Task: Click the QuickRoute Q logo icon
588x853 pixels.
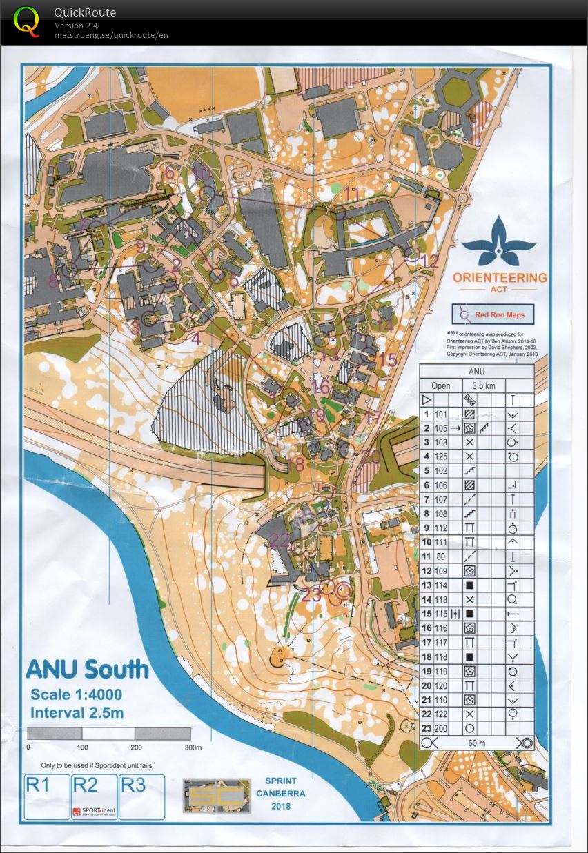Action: coord(26,20)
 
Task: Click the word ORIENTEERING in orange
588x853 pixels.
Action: coord(500,277)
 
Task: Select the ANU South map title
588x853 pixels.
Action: coord(86,669)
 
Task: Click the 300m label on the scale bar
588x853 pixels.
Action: coord(193,747)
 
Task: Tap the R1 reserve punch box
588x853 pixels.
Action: coord(46,796)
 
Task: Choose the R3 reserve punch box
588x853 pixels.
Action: coord(142,796)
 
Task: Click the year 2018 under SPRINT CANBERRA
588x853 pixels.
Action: coord(281,806)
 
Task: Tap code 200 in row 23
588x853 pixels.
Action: coord(442,727)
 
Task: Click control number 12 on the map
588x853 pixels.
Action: coord(429,261)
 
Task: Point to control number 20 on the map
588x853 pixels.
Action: coord(370,456)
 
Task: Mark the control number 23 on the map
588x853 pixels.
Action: coord(311,596)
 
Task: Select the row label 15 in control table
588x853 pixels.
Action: coord(427,613)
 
